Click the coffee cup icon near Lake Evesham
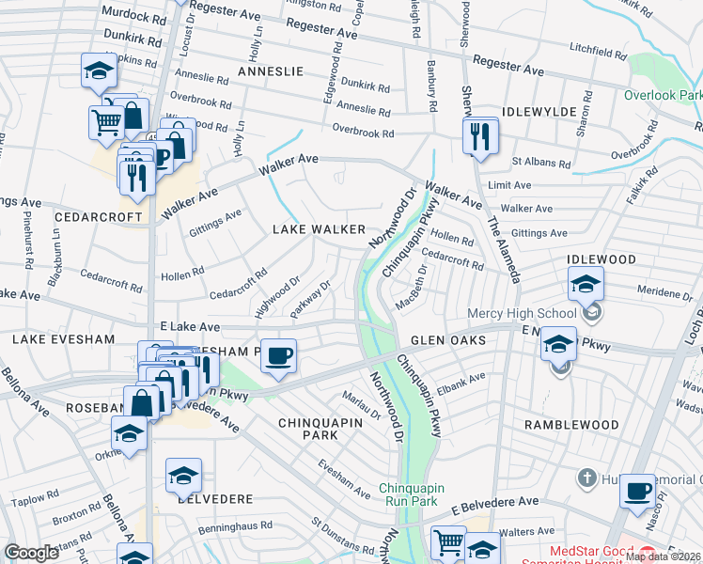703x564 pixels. (x=278, y=356)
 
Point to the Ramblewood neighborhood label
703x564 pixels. (x=571, y=425)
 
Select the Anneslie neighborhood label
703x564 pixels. (x=270, y=71)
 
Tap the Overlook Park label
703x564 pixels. (x=663, y=95)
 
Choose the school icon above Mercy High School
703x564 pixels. (x=585, y=282)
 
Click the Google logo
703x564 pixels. (x=31, y=554)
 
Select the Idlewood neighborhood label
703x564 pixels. (x=601, y=259)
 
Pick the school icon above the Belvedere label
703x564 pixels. (x=183, y=475)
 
